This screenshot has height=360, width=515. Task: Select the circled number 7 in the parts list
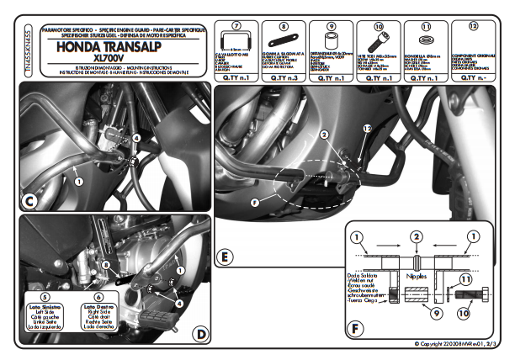click(236, 26)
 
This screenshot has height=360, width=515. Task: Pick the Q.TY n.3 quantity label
click(284, 77)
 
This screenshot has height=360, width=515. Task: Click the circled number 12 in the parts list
click(473, 26)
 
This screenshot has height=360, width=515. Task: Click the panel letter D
click(199, 334)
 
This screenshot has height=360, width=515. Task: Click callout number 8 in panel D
click(107, 265)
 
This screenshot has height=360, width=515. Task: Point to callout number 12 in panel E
click(365, 127)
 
